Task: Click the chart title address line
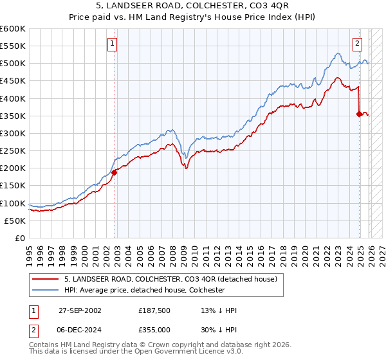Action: pos(192,6)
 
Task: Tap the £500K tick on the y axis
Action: pos(13,64)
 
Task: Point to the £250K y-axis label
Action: pos(13,150)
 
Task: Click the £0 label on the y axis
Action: pos(20,238)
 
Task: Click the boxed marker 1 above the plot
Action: pos(112,44)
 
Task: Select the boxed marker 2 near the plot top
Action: pos(357,44)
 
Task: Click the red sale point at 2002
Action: pos(115,172)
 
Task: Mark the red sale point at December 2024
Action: pos(359,114)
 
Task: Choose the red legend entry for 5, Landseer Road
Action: pos(170,279)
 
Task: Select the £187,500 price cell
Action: pos(154,310)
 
